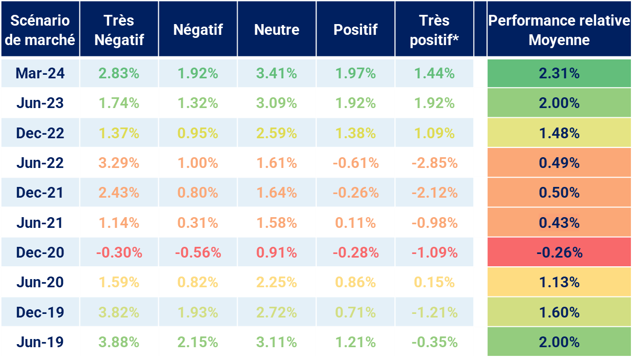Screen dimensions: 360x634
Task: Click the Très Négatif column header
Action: (119, 30)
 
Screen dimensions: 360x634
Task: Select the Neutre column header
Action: (277, 30)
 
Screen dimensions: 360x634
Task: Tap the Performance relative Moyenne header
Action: (559, 30)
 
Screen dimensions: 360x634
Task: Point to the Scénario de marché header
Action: (40, 30)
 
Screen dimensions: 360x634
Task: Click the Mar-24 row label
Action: (40, 73)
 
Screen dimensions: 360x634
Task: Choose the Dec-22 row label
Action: (40, 133)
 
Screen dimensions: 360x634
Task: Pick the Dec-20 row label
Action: (40, 252)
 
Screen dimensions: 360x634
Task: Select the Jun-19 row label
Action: (40, 342)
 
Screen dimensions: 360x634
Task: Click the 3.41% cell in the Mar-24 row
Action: (277, 73)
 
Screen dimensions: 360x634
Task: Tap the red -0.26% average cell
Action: (559, 252)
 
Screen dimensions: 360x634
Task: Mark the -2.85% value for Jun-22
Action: (434, 163)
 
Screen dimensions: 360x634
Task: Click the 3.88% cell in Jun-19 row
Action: (119, 342)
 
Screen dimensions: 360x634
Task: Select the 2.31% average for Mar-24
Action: (559, 73)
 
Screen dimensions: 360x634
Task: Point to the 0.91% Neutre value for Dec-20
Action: (277, 252)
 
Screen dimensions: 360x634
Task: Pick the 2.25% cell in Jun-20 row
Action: (277, 282)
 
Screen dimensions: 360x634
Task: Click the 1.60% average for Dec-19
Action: (559, 312)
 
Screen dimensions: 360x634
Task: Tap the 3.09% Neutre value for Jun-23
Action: (277, 103)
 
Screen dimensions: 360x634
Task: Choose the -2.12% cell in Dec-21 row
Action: (434, 193)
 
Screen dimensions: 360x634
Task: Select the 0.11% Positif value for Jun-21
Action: (355, 223)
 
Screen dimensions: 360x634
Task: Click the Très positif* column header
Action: (434, 30)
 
